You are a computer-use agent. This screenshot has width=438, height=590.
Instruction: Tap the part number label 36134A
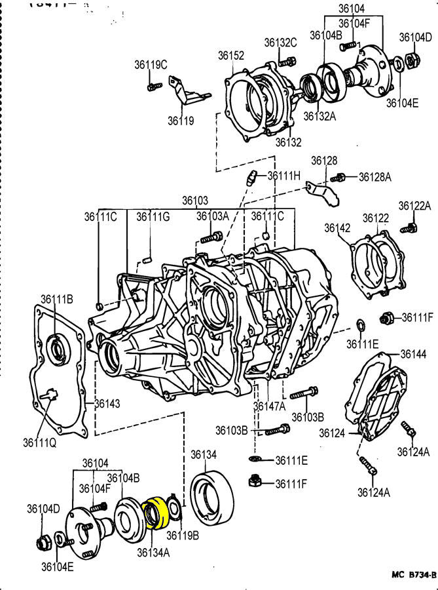pyautogui.click(x=153, y=553)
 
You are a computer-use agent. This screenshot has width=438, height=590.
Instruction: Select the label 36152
pyautogui.click(x=231, y=56)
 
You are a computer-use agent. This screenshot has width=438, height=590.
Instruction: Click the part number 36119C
pyautogui.click(x=151, y=64)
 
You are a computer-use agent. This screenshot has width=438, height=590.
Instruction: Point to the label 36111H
pyautogui.click(x=283, y=175)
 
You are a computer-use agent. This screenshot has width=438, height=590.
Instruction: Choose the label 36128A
pyautogui.click(x=374, y=176)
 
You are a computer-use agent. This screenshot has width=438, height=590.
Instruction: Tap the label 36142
pyautogui.click(x=337, y=227)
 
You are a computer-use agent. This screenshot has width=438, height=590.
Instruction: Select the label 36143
pyautogui.click(x=107, y=403)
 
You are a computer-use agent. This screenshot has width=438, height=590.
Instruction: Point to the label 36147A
pyautogui.click(x=270, y=406)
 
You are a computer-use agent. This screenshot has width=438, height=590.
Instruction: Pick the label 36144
pyautogui.click(x=413, y=354)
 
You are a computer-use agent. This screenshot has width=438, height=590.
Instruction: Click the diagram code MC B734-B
pyautogui.click(x=413, y=575)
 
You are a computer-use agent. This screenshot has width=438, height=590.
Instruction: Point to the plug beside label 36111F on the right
pyautogui.click(x=386, y=318)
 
